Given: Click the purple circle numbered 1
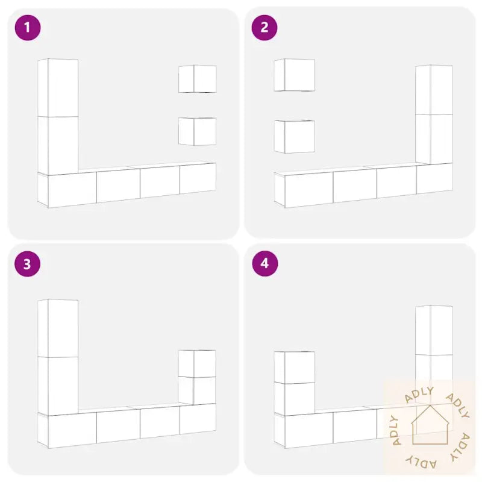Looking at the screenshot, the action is click(28, 28).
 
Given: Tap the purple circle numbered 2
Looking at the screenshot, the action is click(264, 28).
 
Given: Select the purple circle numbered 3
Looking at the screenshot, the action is click(28, 264).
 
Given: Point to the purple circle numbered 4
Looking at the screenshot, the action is click(264, 263).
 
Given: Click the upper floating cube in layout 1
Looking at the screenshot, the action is click(198, 79).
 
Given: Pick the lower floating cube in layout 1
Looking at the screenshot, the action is click(198, 131).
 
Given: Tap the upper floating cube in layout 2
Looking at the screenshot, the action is click(295, 75).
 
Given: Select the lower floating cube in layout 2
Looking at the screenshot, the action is click(295, 137).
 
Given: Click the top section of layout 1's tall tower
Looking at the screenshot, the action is click(58, 87).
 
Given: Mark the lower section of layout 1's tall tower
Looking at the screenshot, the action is click(58, 146).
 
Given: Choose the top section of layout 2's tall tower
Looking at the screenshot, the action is click(434, 90).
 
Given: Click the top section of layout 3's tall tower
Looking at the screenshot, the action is click(58, 328).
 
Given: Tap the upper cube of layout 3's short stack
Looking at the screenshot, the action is click(197, 363).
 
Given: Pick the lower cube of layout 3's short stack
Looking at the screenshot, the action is click(197, 390).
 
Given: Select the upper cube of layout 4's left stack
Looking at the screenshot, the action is click(295, 367).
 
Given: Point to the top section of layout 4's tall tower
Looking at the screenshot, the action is click(434, 330).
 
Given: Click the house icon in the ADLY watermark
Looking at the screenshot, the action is click(430, 425).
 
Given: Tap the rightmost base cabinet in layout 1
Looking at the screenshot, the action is click(198, 178).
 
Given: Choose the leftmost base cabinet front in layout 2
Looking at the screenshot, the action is click(309, 190).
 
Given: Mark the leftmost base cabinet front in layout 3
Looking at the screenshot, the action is click(72, 430).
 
